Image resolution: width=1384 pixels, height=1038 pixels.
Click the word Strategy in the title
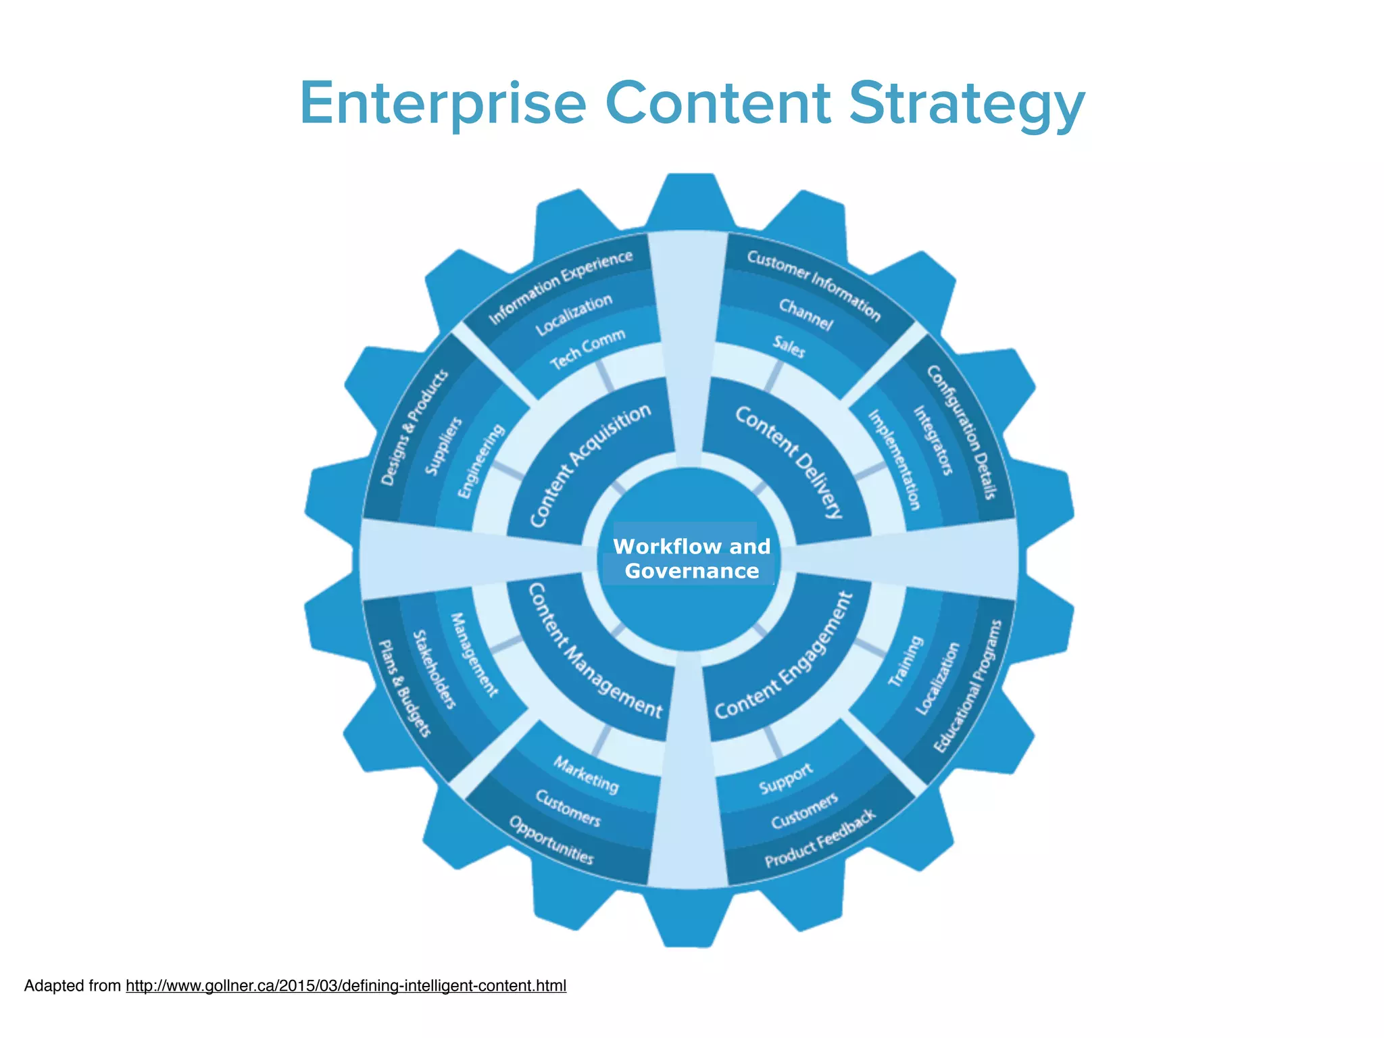click(966, 105)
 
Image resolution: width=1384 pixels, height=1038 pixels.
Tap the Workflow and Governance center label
click(691, 558)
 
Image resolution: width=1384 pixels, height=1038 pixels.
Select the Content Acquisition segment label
click(590, 465)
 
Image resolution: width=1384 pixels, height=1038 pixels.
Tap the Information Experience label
click(560, 287)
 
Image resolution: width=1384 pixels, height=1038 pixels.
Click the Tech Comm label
click(587, 349)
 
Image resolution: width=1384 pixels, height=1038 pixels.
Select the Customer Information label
click(814, 285)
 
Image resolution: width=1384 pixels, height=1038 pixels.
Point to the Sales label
click(789, 347)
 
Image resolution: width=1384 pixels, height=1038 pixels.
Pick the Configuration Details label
click(961, 432)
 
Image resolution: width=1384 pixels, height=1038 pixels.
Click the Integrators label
click(933, 440)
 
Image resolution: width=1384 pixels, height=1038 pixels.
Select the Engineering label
click(481, 461)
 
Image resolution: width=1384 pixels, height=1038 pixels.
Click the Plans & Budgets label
click(404, 689)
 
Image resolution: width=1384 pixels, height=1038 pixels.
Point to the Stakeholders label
click(435, 669)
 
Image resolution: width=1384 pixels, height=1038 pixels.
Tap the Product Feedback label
click(820, 838)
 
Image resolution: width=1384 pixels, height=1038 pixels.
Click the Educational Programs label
click(967, 685)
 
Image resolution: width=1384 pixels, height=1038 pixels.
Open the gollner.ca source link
click(345, 986)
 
